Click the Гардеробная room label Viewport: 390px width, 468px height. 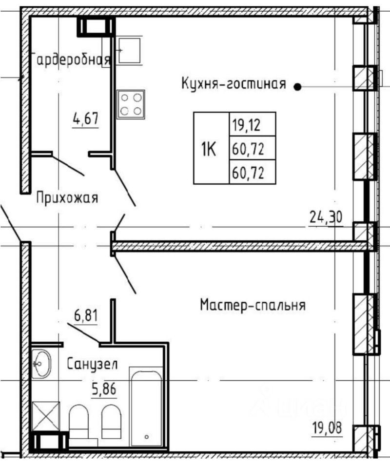pos(71,59)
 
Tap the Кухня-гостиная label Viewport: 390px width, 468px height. pos(234,83)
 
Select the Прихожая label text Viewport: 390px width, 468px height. pos(67,197)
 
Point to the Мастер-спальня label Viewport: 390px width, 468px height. pos(253,305)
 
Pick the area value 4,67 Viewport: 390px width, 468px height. pos(86,118)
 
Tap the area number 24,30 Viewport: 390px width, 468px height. pos(326,217)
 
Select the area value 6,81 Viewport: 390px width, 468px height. pos(86,315)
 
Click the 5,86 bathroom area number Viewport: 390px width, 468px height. pos(104,389)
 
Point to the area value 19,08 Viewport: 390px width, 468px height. pos(327,428)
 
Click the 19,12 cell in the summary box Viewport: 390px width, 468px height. pos(253,124)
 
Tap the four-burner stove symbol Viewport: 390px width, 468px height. pos(131,104)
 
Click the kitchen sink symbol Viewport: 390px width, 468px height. pos(129,50)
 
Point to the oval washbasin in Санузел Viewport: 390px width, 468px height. pos(41,364)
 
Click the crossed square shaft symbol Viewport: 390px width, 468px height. pos(46,416)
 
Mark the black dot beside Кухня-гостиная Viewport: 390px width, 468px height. pos(297,87)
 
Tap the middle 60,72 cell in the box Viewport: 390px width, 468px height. pos(253,148)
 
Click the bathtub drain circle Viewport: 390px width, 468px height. pos(147,437)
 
